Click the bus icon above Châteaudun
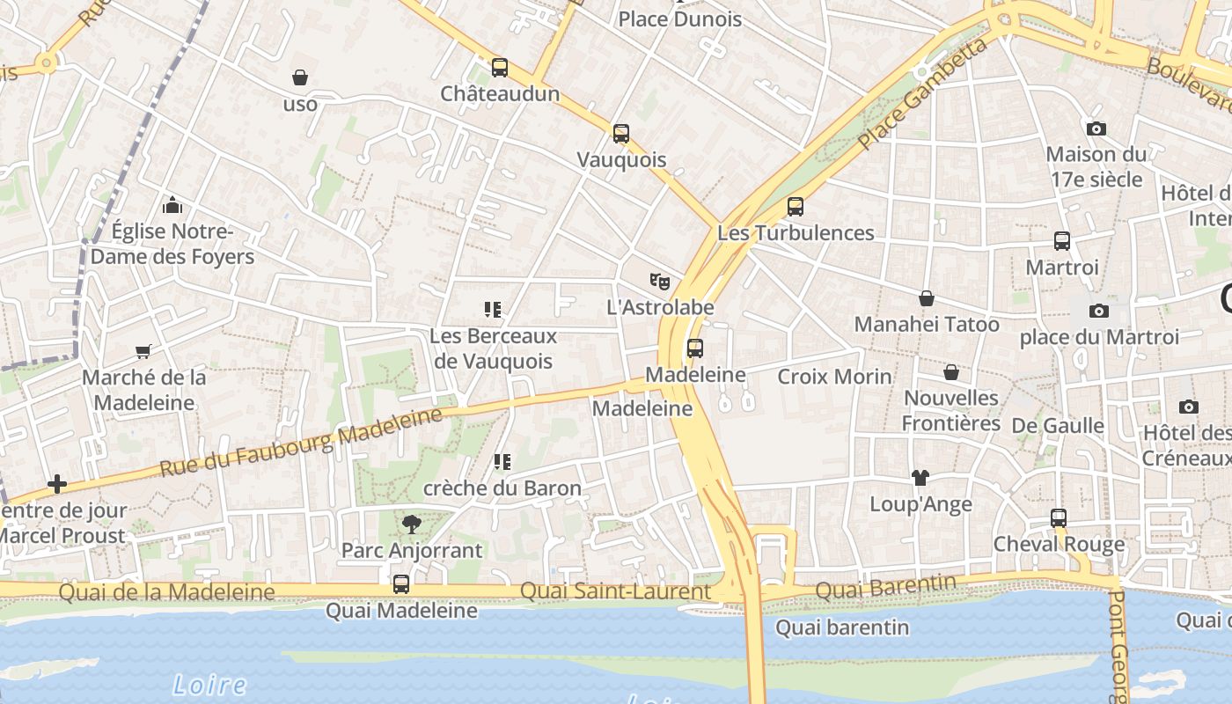(x=500, y=68)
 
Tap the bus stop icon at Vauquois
(x=621, y=134)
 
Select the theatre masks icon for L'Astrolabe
(x=660, y=282)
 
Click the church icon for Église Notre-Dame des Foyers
(x=172, y=205)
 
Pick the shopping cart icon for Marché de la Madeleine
(x=143, y=352)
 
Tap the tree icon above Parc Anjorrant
(x=411, y=525)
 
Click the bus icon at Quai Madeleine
(x=401, y=584)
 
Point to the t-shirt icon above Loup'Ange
(x=920, y=478)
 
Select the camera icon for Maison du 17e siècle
(x=1096, y=128)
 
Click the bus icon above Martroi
(x=1062, y=241)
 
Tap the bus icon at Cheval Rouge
(x=1059, y=518)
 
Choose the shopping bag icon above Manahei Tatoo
(x=927, y=299)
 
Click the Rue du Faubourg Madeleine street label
(x=301, y=442)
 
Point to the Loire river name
(x=209, y=685)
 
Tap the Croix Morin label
(x=834, y=377)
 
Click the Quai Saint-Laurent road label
(x=615, y=591)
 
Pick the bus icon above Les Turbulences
(x=796, y=207)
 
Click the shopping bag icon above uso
(x=300, y=78)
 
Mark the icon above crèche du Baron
(x=502, y=462)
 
